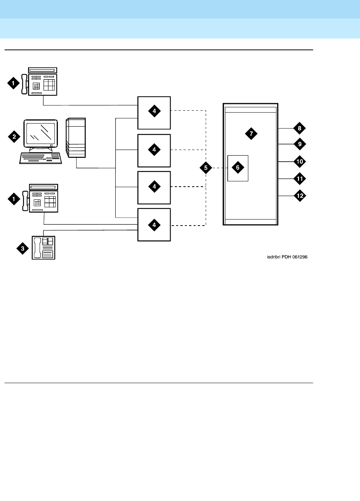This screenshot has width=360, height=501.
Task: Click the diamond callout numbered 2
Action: (x=14, y=136)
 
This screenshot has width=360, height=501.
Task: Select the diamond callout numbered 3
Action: (x=23, y=248)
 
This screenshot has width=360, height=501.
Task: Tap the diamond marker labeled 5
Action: (x=206, y=168)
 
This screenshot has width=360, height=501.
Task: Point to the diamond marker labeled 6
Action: (x=238, y=167)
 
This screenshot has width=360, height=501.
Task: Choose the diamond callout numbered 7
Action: (x=251, y=133)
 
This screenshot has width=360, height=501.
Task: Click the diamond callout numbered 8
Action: (x=299, y=128)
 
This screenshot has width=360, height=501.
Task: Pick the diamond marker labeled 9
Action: (x=299, y=144)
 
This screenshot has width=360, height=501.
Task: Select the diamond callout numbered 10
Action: (x=299, y=161)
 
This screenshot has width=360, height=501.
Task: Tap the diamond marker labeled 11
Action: (x=299, y=178)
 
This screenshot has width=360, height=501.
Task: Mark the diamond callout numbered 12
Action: (x=299, y=196)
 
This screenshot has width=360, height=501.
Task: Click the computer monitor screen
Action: (x=40, y=134)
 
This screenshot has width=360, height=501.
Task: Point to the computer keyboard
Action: (x=40, y=158)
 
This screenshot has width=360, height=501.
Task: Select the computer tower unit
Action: (x=76, y=138)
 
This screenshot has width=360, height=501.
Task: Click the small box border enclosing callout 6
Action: (x=228, y=168)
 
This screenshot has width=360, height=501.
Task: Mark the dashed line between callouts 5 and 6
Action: (x=220, y=168)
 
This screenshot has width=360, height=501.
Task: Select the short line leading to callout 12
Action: (x=286, y=196)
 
